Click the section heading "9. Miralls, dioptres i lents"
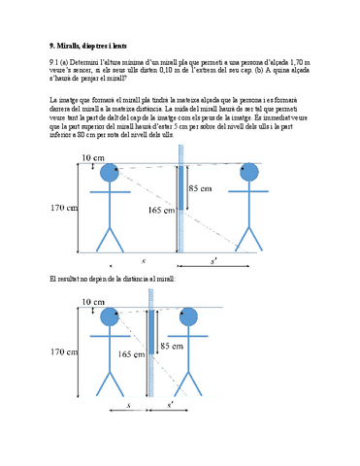(87, 46)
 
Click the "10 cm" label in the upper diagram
(93, 157)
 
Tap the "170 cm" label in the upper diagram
(63, 207)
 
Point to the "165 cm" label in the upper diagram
(161, 209)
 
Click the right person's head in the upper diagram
(250, 174)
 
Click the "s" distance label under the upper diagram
(143, 261)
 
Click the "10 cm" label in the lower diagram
(93, 302)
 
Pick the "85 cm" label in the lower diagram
(171, 345)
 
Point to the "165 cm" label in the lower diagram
(129, 355)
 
